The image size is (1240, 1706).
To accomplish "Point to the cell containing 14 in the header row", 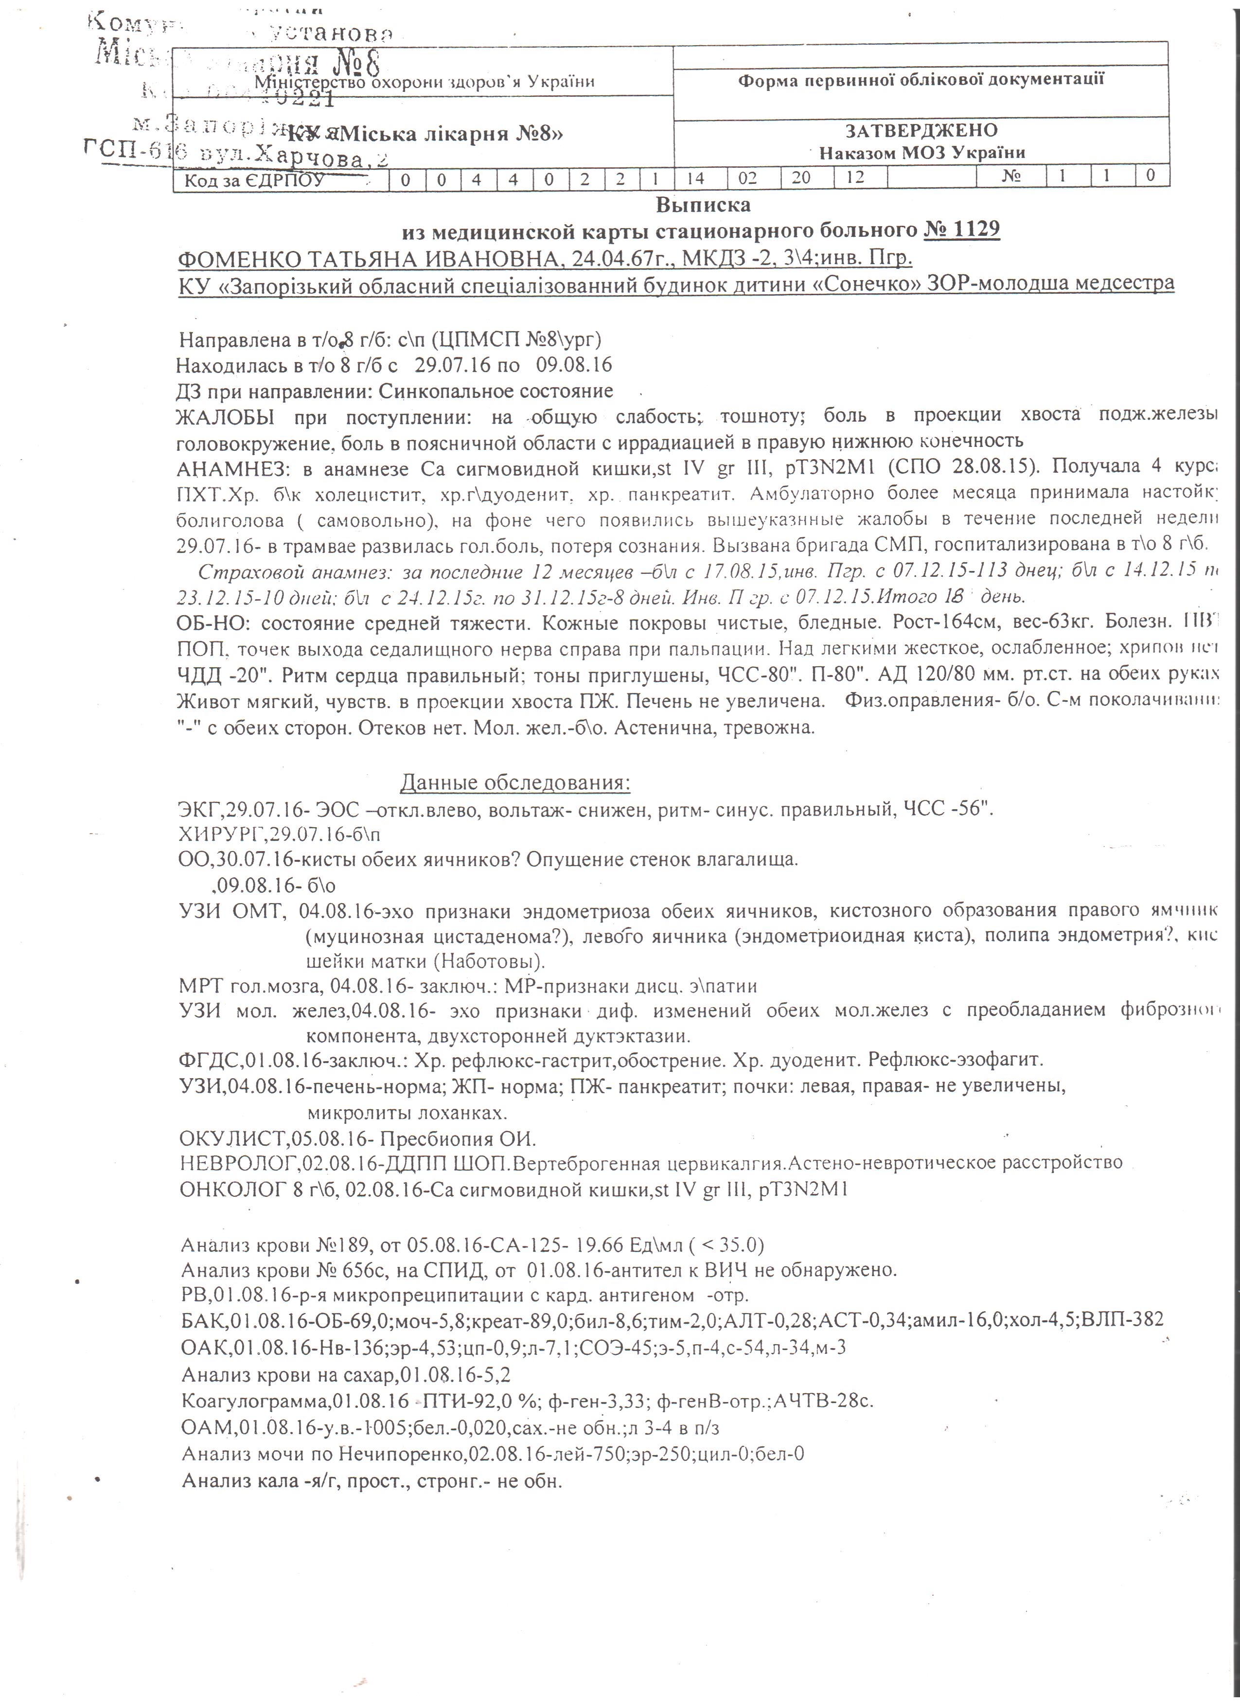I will pos(695,178).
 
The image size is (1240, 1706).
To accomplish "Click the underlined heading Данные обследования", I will pos(514,783).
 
